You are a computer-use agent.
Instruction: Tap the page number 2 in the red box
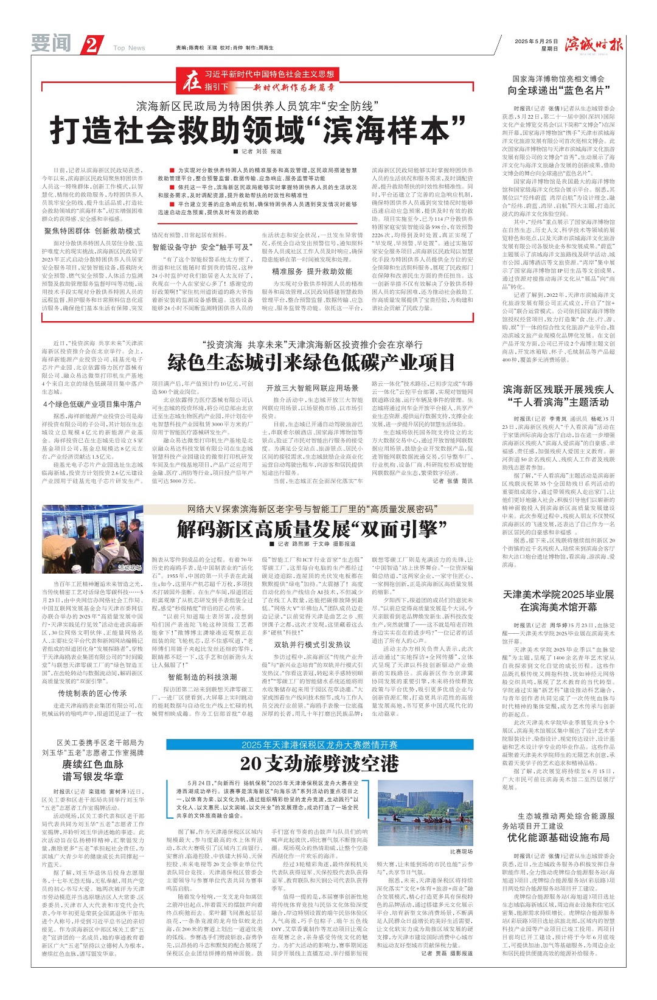[91, 45]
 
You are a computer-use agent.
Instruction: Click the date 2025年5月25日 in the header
[536, 41]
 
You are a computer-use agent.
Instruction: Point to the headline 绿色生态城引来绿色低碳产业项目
[311, 363]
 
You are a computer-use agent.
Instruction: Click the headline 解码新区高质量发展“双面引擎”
[311, 529]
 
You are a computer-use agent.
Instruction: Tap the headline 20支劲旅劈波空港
[319, 763]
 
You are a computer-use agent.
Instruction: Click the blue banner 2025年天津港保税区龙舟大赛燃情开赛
[319, 745]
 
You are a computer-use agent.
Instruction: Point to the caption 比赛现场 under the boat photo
[461, 851]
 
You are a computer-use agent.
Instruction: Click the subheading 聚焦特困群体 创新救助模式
[92, 231]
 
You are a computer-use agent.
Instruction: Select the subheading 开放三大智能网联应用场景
[311, 387]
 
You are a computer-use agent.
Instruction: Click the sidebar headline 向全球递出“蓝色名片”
[558, 91]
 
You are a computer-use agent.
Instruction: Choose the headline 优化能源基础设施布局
[558, 838]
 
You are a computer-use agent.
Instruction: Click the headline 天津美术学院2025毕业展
[558, 594]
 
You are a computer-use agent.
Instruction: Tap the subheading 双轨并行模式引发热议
[311, 645]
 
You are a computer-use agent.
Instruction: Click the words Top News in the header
[129, 48]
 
